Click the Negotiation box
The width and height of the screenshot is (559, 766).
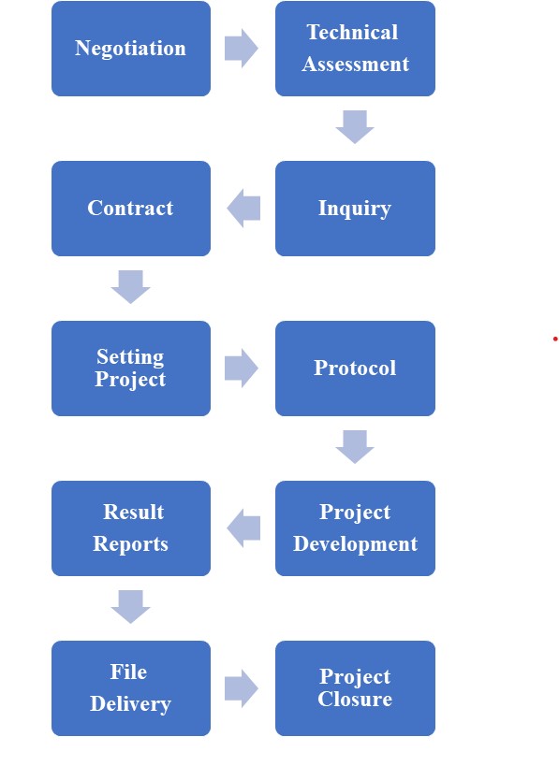tap(131, 49)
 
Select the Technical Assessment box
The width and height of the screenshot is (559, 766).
tap(355, 49)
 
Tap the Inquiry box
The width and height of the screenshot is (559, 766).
tap(355, 209)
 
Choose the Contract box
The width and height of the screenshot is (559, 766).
tap(131, 209)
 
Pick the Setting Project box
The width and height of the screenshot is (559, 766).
tap(131, 369)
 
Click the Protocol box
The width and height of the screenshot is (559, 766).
tap(355, 369)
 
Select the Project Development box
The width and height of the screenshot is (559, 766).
tap(355, 528)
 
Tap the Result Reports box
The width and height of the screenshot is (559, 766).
tap(131, 528)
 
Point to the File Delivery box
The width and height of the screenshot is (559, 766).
tap(131, 687)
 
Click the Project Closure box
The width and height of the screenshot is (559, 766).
tap(355, 687)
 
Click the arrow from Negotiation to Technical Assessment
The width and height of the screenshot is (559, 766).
tap(241, 49)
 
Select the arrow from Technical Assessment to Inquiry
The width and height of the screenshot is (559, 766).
tap(355, 127)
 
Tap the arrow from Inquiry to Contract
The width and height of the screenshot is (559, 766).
tap(243, 209)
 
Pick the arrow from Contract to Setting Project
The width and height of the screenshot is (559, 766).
tap(130, 287)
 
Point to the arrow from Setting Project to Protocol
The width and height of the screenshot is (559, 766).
tap(241, 369)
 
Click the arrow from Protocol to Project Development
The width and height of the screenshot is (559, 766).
tap(355, 446)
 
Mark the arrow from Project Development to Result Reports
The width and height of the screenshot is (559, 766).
tap(243, 528)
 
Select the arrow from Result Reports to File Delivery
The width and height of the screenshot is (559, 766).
tap(130, 607)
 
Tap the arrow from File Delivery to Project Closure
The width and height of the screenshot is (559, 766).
tap(241, 687)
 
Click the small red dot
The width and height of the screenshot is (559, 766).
tap(555, 339)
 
